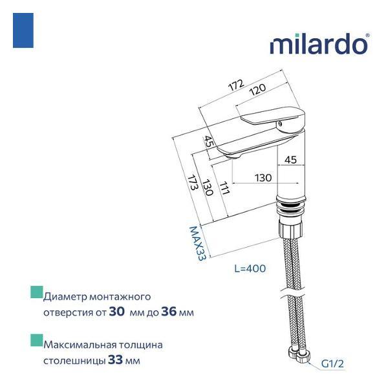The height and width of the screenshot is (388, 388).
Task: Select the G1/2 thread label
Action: [x=333, y=365]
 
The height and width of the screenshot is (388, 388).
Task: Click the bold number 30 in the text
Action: [x=117, y=312]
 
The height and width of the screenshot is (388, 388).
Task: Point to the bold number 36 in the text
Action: [x=168, y=312]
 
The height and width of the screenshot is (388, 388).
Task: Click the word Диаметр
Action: [x=66, y=297]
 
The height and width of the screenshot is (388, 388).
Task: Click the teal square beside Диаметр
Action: [x=36, y=293]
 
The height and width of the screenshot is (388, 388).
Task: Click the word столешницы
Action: [x=70, y=360]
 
